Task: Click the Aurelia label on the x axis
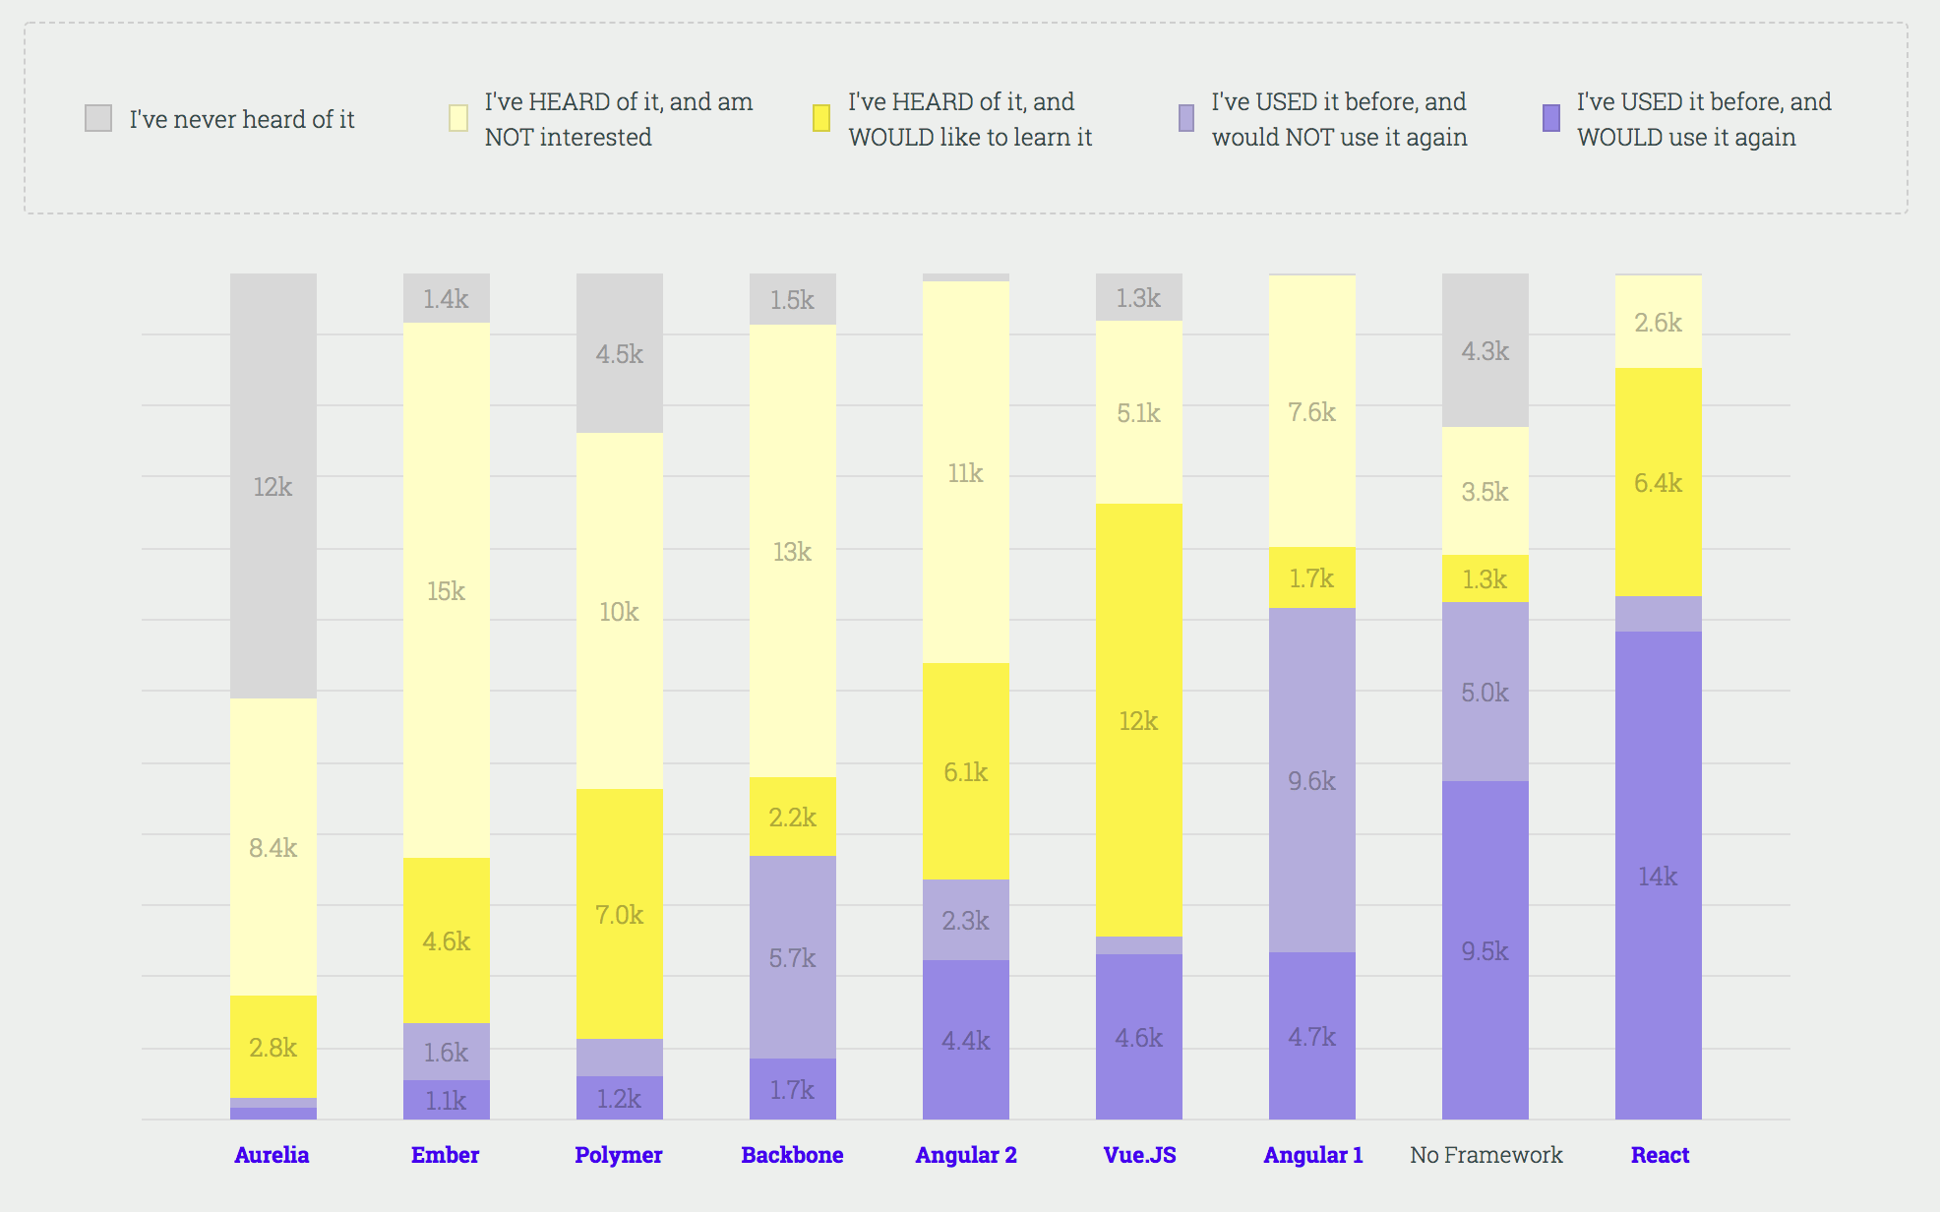click(272, 1155)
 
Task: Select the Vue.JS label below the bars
click(1139, 1155)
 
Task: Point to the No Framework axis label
click(1485, 1155)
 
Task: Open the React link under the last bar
click(1660, 1155)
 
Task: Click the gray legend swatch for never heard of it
click(98, 118)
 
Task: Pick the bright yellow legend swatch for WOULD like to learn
click(821, 118)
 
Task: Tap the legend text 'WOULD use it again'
click(1686, 138)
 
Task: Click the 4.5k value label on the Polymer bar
click(619, 354)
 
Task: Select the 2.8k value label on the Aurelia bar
click(273, 1048)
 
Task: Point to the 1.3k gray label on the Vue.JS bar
click(1138, 298)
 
